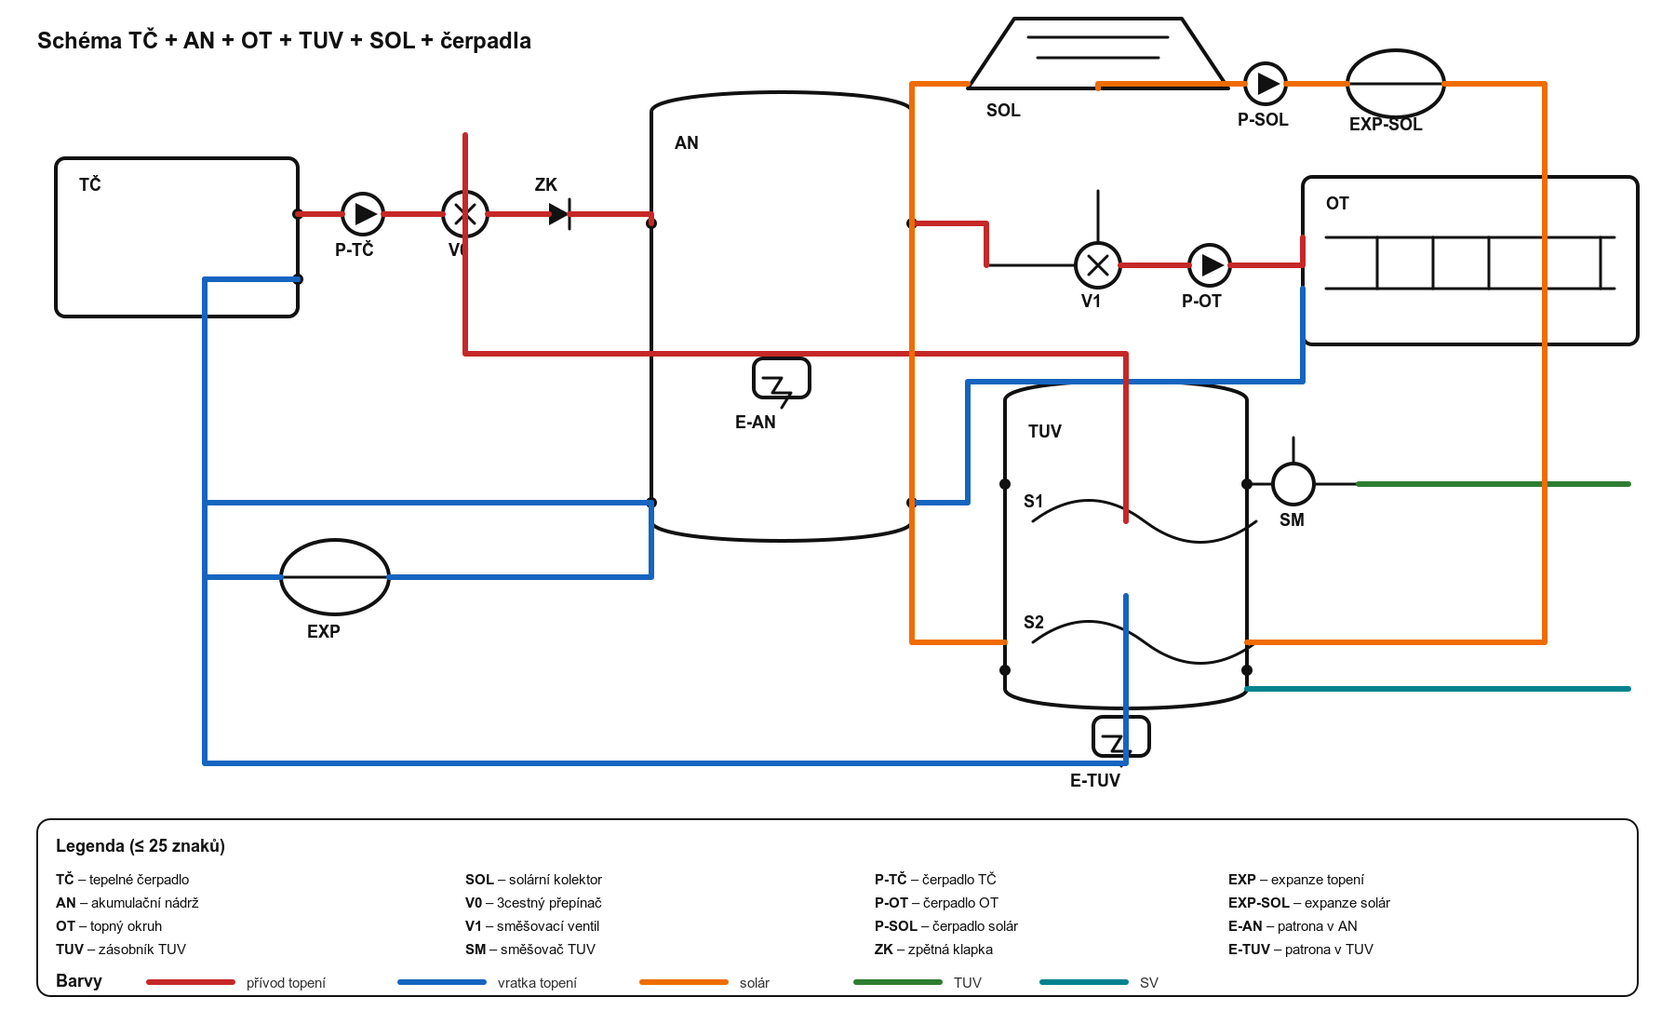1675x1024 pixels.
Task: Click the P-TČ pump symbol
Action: (363, 214)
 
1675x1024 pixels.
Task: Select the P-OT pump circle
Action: (1210, 265)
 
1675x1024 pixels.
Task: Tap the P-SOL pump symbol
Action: (1266, 84)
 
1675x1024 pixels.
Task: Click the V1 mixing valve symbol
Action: (1098, 265)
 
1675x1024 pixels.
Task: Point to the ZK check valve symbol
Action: (560, 214)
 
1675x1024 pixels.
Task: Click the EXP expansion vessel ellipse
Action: (335, 577)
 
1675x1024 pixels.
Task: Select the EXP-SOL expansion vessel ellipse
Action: (1396, 84)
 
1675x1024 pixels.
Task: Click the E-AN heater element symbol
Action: (782, 379)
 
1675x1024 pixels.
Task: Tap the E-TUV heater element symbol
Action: (1121, 736)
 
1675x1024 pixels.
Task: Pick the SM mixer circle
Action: (1293, 484)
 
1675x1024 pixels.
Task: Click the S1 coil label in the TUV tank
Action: (1034, 501)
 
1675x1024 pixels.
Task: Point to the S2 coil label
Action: (1034, 622)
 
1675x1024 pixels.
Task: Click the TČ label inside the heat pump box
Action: (90, 184)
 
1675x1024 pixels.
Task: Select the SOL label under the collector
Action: (1003, 110)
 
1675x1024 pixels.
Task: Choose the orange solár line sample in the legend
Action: (684, 982)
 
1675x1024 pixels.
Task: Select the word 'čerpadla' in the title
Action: (486, 41)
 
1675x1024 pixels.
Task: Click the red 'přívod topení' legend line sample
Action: (191, 982)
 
